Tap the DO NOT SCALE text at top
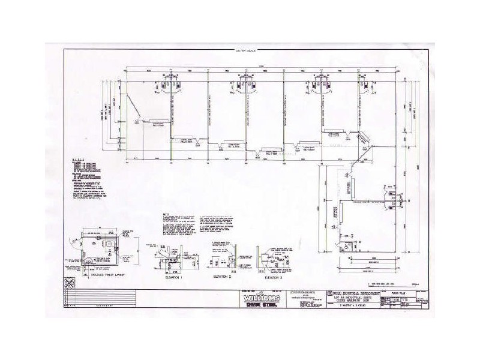(245, 52)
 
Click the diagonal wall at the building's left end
(140, 111)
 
